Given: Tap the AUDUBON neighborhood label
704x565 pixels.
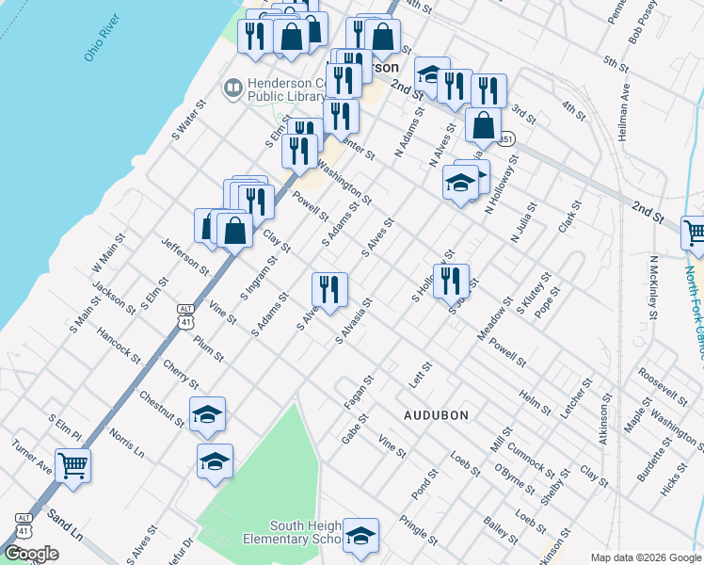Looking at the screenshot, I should (x=436, y=414).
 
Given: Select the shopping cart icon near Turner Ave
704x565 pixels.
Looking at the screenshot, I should (x=72, y=465).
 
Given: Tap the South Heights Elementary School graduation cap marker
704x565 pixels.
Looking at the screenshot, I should (x=360, y=535).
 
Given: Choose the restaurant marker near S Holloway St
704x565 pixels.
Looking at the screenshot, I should (x=451, y=280).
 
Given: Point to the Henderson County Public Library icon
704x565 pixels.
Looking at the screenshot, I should (x=232, y=89).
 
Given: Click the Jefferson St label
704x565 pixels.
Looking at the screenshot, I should (x=184, y=256).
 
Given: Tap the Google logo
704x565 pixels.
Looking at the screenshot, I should (x=31, y=553).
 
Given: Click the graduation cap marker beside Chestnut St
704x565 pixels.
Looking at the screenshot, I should (x=207, y=414).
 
